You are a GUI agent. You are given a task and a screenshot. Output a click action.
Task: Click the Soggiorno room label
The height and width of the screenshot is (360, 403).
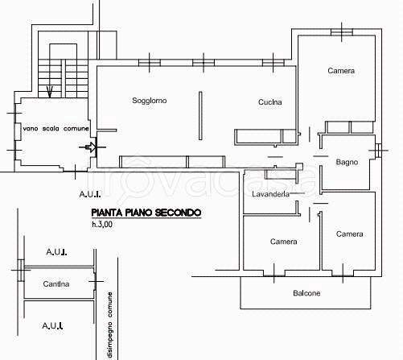coord(150,101)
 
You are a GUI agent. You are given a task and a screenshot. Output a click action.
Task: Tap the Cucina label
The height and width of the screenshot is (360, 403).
coord(270,102)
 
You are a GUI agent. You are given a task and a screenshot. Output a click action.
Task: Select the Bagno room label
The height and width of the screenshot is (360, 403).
coord(347,162)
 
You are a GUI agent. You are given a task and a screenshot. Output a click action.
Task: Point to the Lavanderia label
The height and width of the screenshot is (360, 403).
coord(270,194)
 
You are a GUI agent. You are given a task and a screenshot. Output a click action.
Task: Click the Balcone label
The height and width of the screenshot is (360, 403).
coord(306,293)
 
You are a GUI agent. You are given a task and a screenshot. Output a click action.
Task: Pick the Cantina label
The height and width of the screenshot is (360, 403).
coord(56,283)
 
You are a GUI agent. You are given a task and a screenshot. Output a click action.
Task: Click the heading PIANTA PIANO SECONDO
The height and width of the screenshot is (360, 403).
coord(146,213)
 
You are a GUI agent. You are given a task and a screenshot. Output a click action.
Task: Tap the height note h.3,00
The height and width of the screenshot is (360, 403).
coord(102,224)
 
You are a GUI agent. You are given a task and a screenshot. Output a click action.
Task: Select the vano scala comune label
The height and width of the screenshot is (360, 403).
coord(56,129)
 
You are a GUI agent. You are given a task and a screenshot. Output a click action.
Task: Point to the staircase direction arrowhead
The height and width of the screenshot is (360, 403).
coord(50,92)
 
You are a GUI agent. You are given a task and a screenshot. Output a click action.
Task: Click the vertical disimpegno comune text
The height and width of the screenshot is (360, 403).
coord(110,325)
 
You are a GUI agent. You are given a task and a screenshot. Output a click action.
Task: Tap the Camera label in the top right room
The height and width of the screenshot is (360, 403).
coord(341,71)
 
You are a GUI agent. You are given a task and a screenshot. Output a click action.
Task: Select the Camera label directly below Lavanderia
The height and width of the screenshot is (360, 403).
coord(283,242)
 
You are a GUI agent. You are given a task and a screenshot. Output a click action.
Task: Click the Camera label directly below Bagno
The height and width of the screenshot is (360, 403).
coord(349,234)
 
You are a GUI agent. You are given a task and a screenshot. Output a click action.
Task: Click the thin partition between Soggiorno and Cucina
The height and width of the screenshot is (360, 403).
coord(200,116)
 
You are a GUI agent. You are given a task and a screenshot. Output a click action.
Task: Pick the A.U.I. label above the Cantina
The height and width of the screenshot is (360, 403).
coord(56,252)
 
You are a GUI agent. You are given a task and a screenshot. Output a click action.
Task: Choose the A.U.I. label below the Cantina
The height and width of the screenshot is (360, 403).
coord(52,325)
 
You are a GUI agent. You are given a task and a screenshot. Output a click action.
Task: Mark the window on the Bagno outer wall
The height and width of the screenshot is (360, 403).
coord(378,151)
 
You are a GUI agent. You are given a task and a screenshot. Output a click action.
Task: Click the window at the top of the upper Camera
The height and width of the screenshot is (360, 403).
coord(342,32)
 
